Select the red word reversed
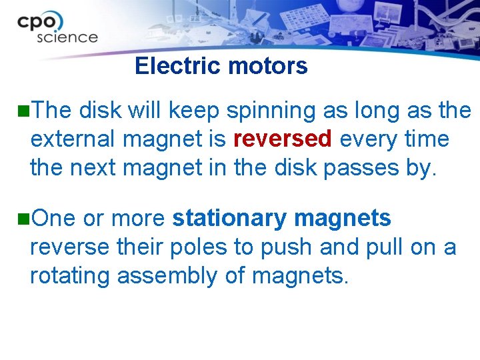(x=283, y=139)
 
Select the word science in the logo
(x=67, y=37)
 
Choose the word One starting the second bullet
(x=53, y=218)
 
